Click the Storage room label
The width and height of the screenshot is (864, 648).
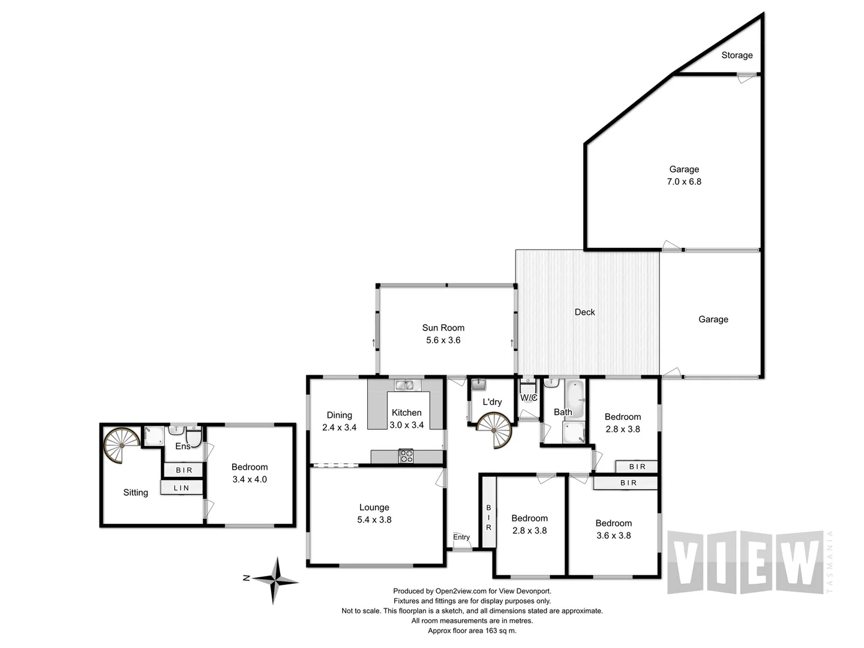pos(737,55)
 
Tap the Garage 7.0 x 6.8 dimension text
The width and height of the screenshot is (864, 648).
pos(684,181)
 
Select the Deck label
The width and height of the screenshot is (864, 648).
pos(584,312)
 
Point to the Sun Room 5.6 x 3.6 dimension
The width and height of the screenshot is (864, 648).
pos(443,340)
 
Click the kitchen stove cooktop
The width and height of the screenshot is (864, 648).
pos(406,457)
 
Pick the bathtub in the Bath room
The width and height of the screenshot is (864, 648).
pos(576,398)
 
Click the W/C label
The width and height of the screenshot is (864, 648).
pos(529,398)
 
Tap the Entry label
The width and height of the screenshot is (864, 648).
pos(461,537)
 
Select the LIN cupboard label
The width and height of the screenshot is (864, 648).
pos(181,488)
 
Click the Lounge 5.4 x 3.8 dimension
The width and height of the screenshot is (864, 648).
pos(374,520)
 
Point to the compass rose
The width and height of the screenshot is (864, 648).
pos(275,580)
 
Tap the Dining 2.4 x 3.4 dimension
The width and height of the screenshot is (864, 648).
pos(339,427)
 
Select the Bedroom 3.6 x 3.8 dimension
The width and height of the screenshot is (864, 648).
pos(613,535)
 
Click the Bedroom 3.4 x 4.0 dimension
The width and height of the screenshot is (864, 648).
pos(249,479)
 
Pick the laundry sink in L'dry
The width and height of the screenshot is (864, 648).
pos(479,385)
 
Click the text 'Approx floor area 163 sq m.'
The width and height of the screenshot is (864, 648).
pos(472,631)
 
